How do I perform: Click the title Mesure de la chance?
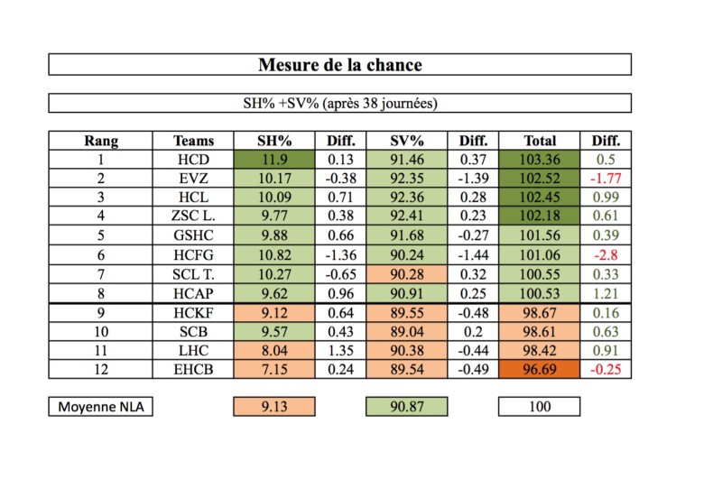tap(339, 65)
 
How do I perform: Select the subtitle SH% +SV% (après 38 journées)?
tap(339, 104)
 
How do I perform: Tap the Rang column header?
tap(101, 141)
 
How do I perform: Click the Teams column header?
tap(195, 141)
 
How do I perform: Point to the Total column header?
tap(540, 141)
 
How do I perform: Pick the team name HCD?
tap(195, 160)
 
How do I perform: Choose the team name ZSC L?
tap(195, 216)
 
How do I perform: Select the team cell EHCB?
tap(195, 369)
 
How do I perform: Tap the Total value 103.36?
tap(540, 160)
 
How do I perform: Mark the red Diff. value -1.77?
tap(606, 179)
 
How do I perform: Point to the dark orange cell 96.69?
tap(540, 369)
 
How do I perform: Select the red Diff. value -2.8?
tap(606, 255)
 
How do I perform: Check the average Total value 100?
tap(540, 407)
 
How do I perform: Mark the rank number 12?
tap(101, 369)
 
